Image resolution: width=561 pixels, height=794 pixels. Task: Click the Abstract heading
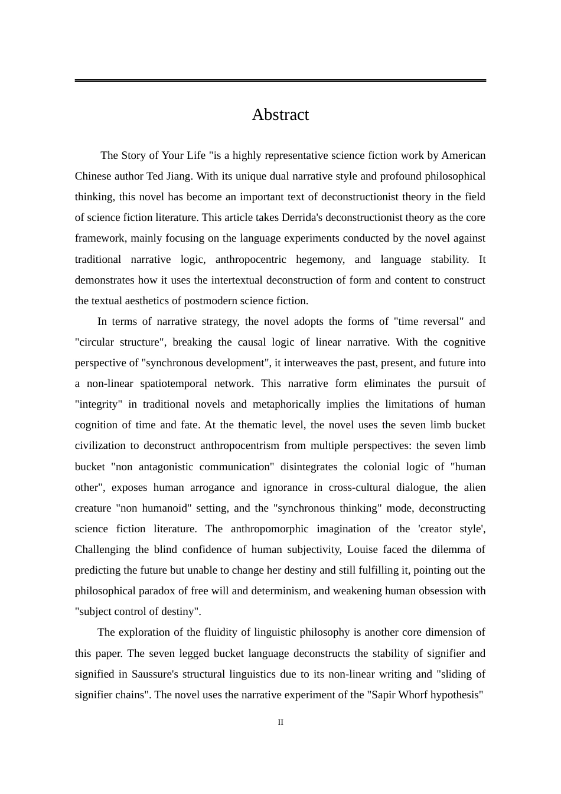pyautogui.click(x=280, y=115)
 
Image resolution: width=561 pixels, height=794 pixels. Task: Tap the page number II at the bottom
pyautogui.click(x=280, y=722)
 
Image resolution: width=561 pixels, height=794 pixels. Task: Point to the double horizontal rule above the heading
pyautogui.click(x=280, y=80)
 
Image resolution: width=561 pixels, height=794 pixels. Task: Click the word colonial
pyautogui.click(x=385, y=467)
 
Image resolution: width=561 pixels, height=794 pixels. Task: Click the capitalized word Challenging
pyautogui.click(x=102, y=549)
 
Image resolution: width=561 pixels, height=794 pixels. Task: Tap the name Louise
pyautogui.click(x=362, y=549)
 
